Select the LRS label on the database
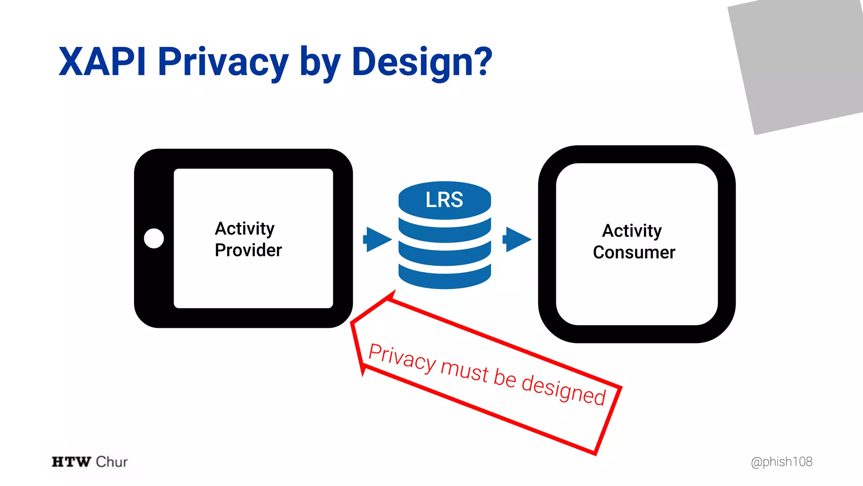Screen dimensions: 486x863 tap(444, 200)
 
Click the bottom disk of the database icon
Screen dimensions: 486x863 tap(445, 278)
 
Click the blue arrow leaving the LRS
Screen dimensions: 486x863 tap(517, 239)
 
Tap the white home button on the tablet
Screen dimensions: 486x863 tap(154, 238)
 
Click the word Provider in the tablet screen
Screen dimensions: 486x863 tap(248, 250)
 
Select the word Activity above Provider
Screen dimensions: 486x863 tap(244, 229)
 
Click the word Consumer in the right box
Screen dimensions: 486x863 tap(634, 252)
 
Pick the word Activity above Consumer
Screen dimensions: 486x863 tap(632, 231)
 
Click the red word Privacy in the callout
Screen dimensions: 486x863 tap(402, 359)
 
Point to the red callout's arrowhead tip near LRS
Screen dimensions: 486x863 tap(394, 292)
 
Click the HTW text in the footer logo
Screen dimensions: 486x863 tap(71, 462)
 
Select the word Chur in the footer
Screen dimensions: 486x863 tap(112, 462)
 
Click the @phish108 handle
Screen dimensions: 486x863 tap(781, 462)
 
